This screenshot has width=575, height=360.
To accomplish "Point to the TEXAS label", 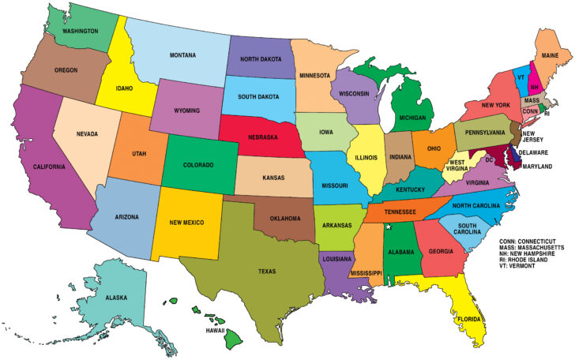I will (x=267, y=271).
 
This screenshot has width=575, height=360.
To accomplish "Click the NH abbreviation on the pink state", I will (x=535, y=87).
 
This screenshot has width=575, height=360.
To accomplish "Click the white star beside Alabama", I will (x=388, y=227).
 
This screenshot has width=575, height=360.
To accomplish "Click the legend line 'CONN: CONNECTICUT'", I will (x=533, y=240).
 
